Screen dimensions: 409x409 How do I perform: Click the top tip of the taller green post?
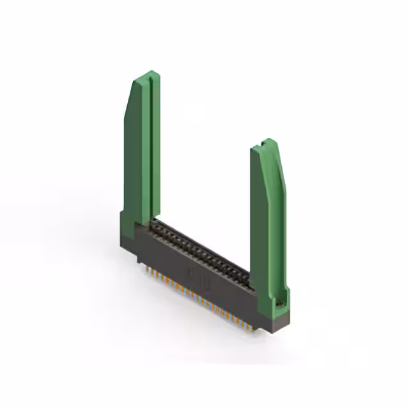coord(149,73)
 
